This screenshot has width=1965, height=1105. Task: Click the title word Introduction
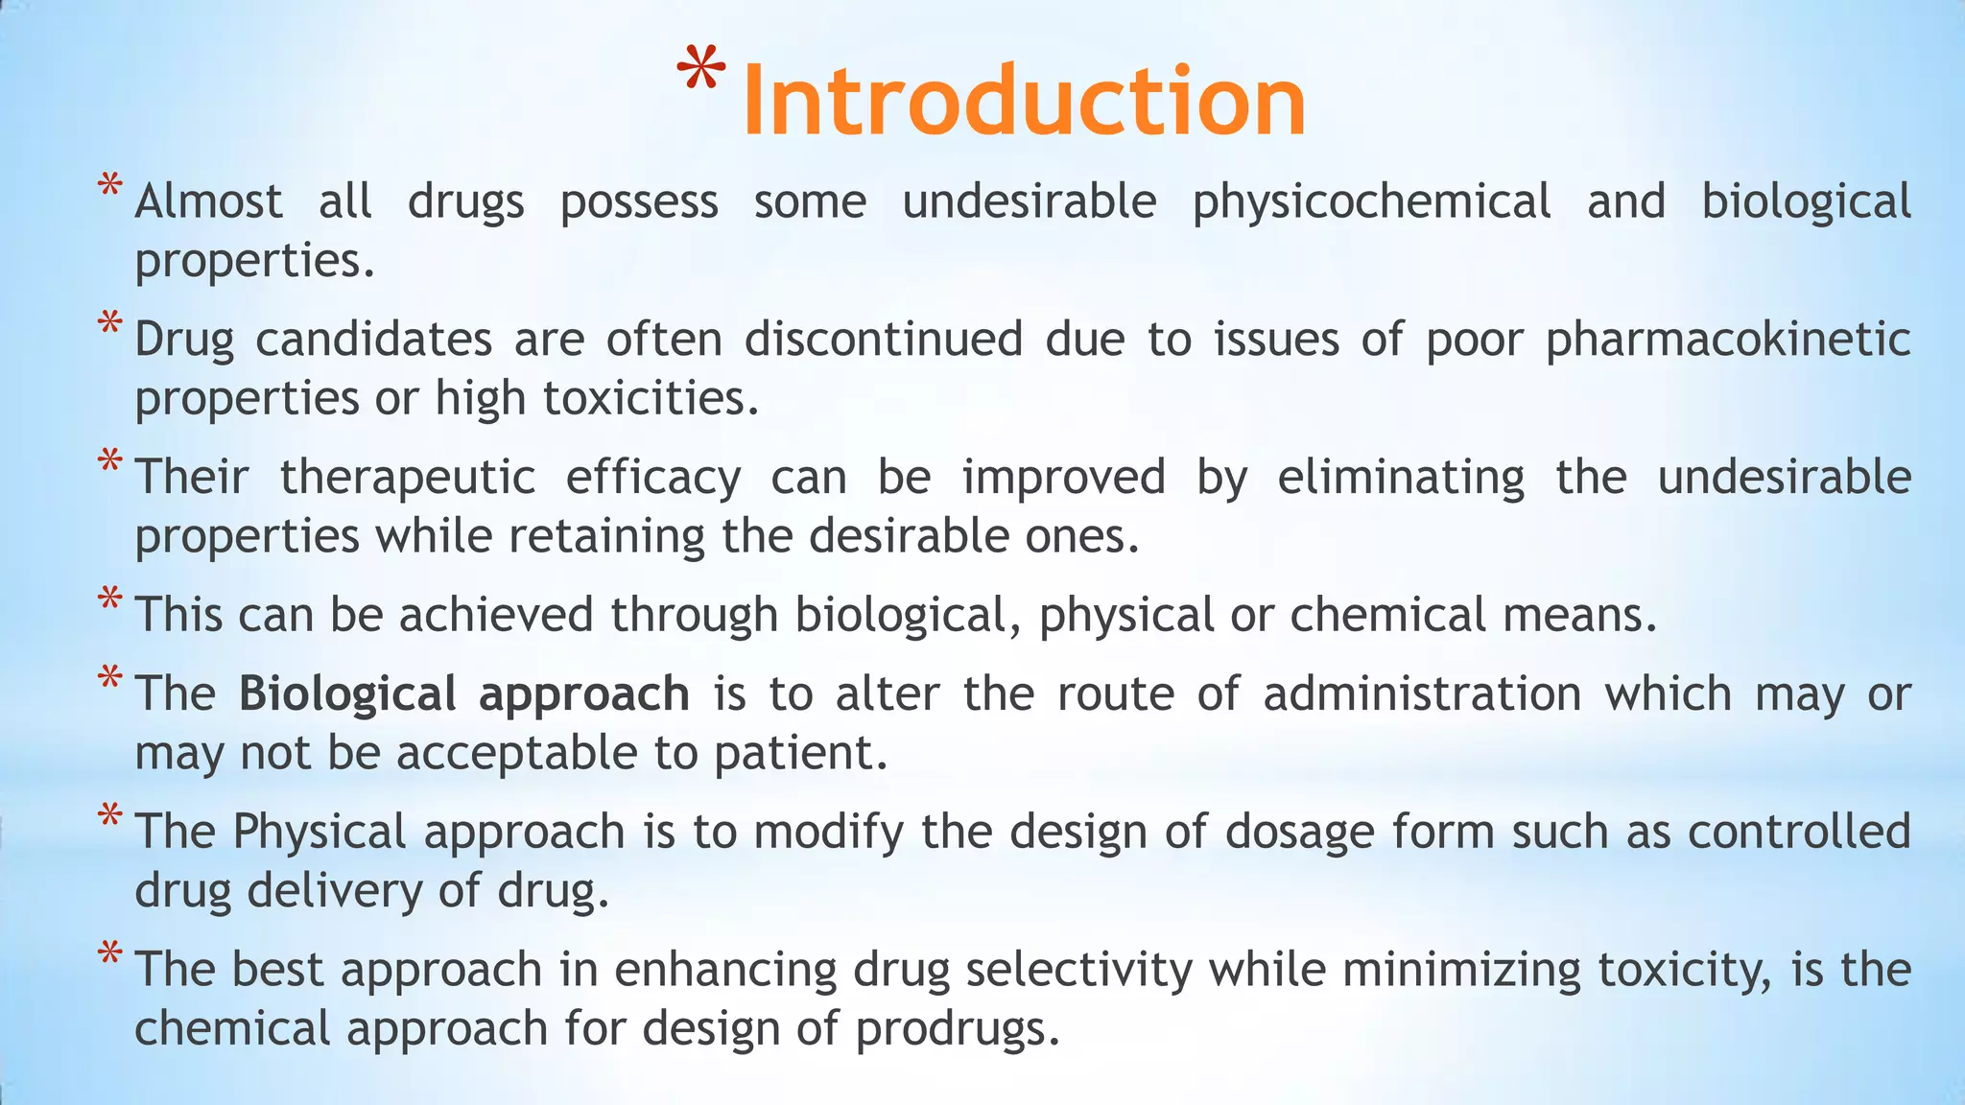(1023, 101)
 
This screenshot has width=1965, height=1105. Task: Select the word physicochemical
(1371, 202)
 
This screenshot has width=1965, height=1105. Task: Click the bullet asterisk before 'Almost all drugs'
(110, 185)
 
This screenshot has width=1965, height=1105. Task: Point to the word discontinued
(884, 340)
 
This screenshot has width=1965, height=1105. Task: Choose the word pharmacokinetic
(1728, 340)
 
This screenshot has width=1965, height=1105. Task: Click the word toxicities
(650, 398)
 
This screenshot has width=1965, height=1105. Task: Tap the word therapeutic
(407, 478)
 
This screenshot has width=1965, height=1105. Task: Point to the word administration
(1422, 694)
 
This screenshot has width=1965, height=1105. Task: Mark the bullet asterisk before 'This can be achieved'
(110, 600)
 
